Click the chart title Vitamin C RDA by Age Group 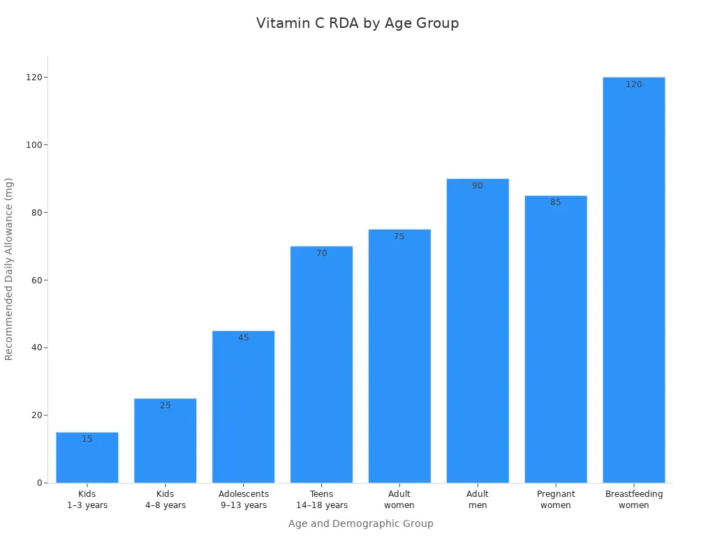pyautogui.click(x=357, y=23)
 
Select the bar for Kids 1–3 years pyautogui.click(x=87, y=461)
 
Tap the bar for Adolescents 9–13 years pyautogui.click(x=244, y=412)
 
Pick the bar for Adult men pyautogui.click(x=478, y=335)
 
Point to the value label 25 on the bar pyautogui.click(x=165, y=405)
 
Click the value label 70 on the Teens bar pyautogui.click(x=322, y=253)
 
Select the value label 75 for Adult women pyautogui.click(x=399, y=237)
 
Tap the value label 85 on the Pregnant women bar pyautogui.click(x=556, y=202)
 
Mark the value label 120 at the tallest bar pyautogui.click(x=634, y=84)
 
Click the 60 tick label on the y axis pyautogui.click(x=35, y=281)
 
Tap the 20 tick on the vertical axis pyautogui.click(x=35, y=415)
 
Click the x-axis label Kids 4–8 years pyautogui.click(x=165, y=500)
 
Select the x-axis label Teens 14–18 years pyautogui.click(x=322, y=500)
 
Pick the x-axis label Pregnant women pyautogui.click(x=556, y=500)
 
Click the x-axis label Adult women pyautogui.click(x=399, y=500)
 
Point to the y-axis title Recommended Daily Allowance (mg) pyautogui.click(x=9, y=269)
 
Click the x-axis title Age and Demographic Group pyautogui.click(x=361, y=523)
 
